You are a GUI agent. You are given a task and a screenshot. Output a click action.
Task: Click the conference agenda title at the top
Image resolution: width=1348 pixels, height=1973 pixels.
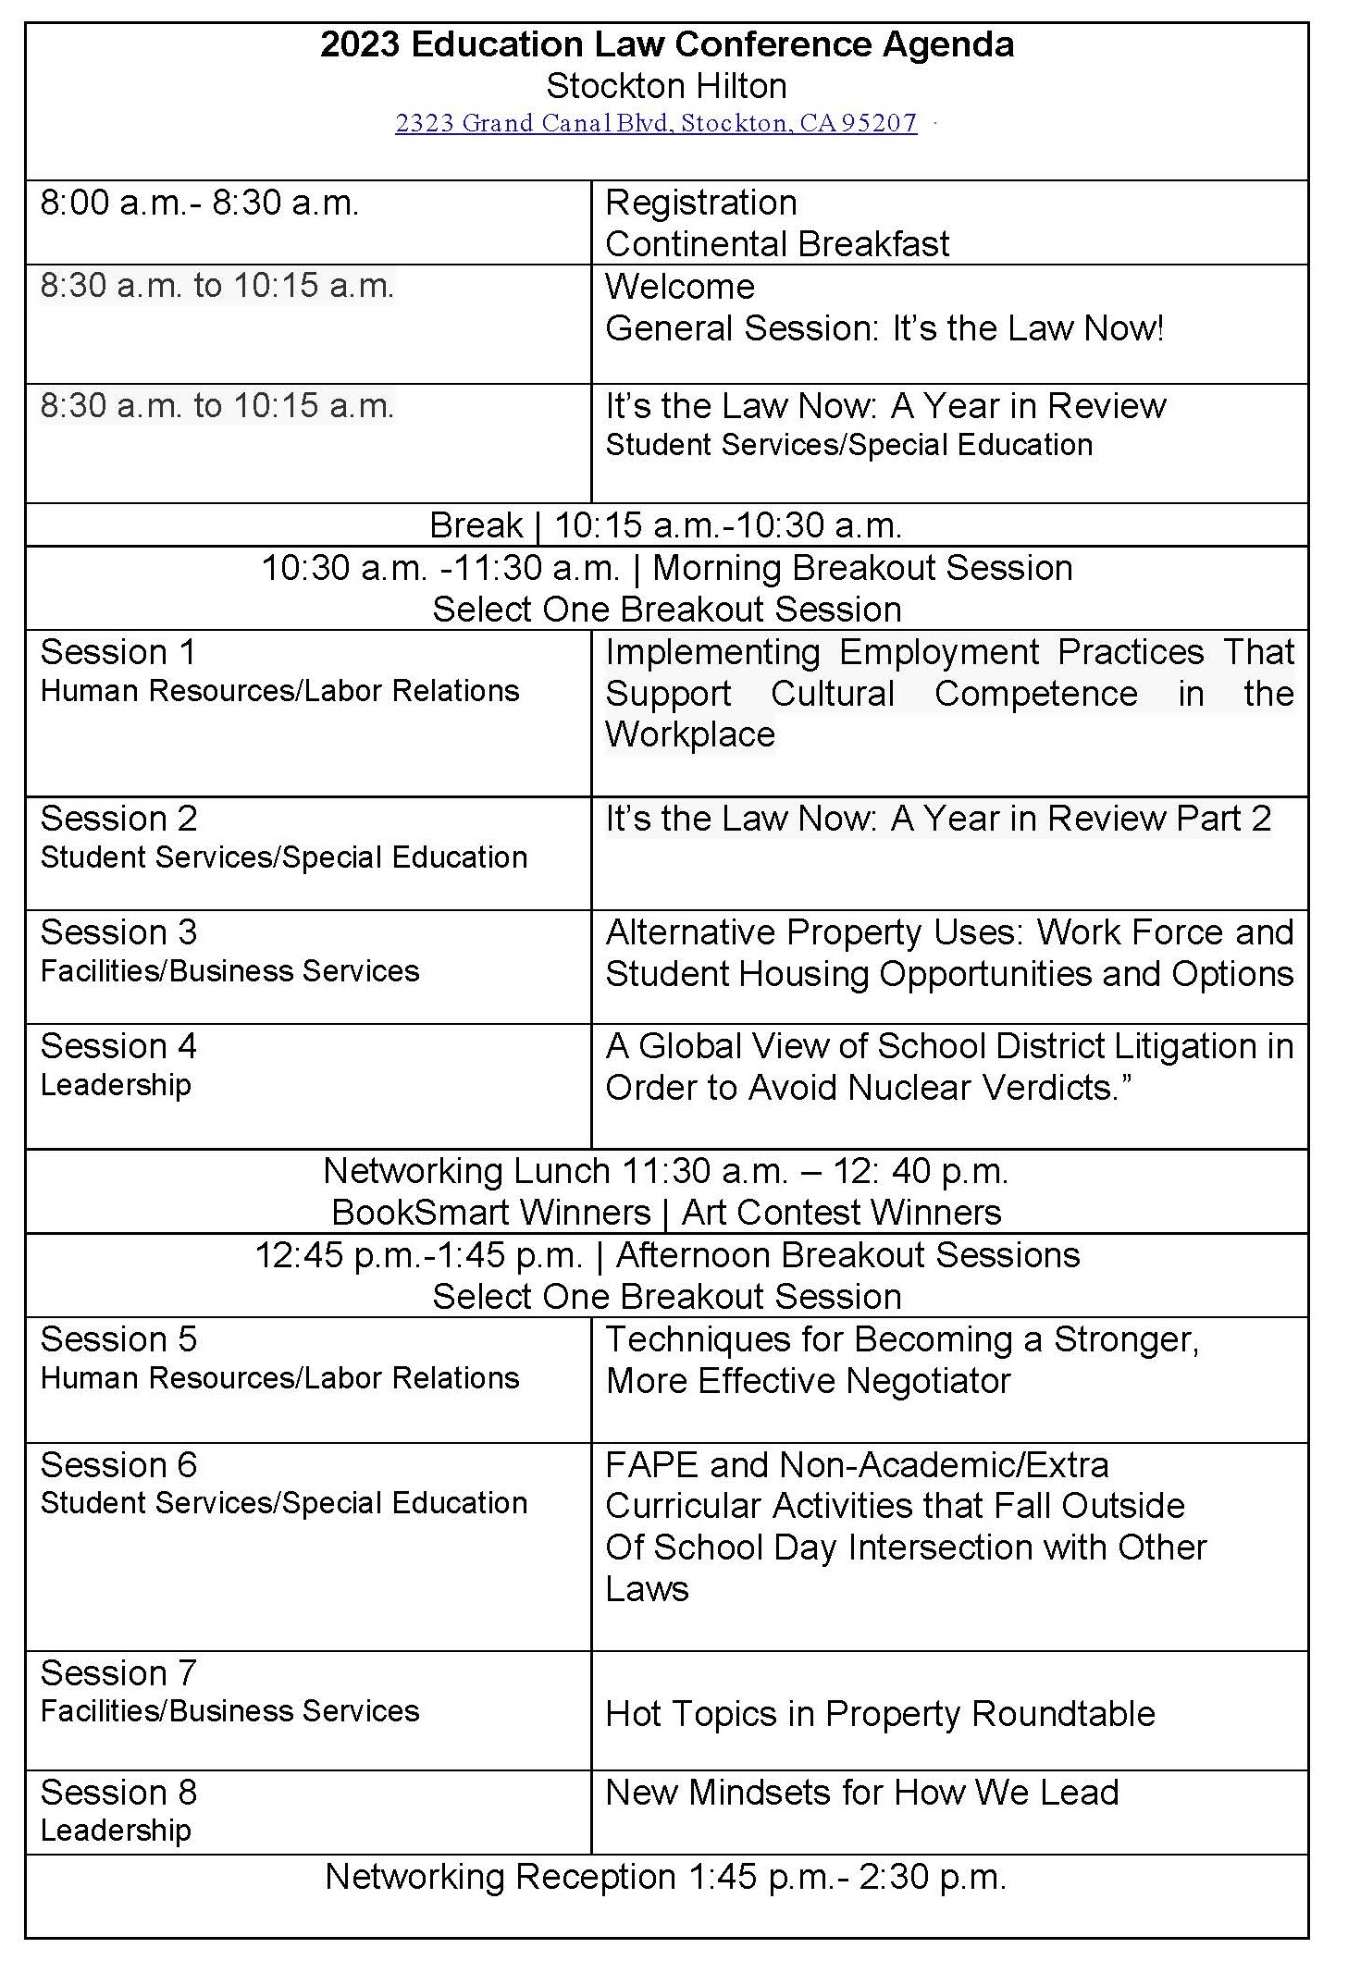pyautogui.click(x=666, y=44)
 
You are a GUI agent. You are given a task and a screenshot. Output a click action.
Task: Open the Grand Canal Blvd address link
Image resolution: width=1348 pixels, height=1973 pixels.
pyautogui.click(x=656, y=123)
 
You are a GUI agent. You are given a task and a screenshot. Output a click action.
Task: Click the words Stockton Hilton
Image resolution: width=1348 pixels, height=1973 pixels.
pyautogui.click(x=666, y=86)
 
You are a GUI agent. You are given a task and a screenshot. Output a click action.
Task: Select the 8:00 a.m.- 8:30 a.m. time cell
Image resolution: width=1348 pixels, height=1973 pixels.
pyautogui.click(x=199, y=203)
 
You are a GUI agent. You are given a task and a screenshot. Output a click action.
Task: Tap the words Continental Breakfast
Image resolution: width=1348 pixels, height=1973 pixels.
pyautogui.click(x=776, y=244)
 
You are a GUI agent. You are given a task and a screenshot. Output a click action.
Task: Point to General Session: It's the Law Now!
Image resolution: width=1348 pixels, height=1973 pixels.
pyautogui.click(x=884, y=328)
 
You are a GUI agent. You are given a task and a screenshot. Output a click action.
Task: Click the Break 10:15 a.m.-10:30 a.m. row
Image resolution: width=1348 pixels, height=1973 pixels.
pyautogui.click(x=666, y=525)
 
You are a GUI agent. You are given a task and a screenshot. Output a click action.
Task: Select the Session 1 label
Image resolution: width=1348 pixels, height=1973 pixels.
pyautogui.click(x=118, y=652)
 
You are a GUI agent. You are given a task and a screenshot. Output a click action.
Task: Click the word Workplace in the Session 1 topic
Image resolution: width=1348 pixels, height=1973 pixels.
pyautogui.click(x=690, y=734)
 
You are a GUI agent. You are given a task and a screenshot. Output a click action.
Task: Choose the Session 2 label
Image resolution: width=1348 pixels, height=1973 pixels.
pyautogui.click(x=118, y=819)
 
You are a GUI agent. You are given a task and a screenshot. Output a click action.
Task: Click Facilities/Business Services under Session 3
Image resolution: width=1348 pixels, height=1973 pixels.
pyautogui.click(x=229, y=971)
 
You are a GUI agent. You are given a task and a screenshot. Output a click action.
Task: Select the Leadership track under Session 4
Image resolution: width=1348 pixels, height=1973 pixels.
pyautogui.click(x=116, y=1084)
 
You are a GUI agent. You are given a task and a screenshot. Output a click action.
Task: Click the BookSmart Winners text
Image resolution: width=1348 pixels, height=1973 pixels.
pyautogui.click(x=491, y=1213)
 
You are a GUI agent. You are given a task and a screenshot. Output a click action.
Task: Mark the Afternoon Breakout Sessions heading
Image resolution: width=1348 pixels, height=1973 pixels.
pyautogui.click(x=847, y=1255)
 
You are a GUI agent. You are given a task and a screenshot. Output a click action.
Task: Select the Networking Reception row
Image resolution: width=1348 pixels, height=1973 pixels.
pyautogui.click(x=666, y=1877)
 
